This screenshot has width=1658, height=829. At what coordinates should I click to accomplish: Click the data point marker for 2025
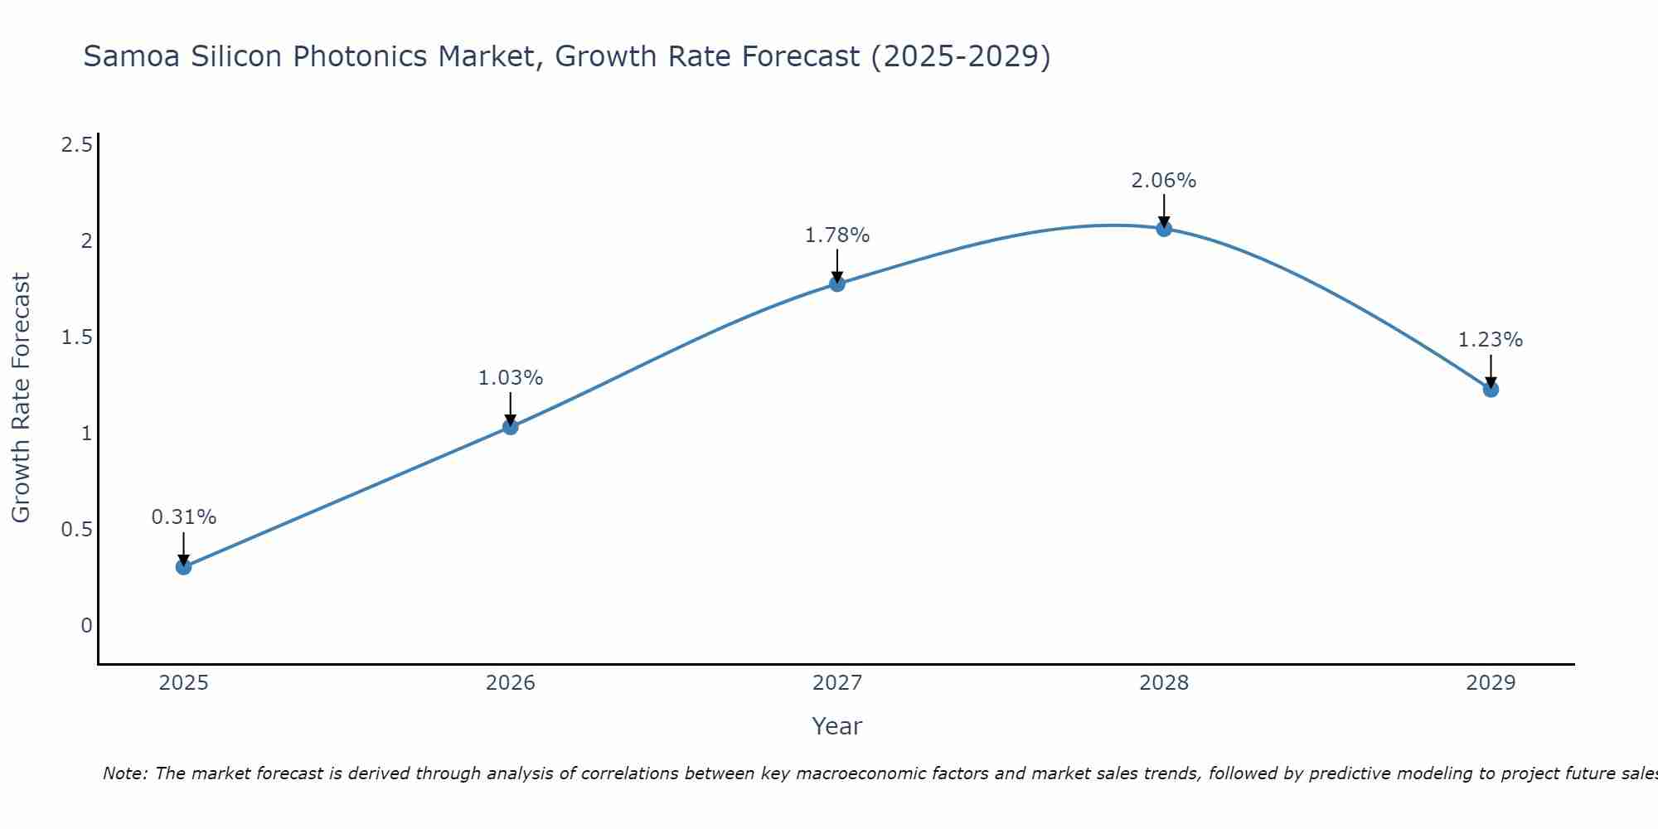click(184, 567)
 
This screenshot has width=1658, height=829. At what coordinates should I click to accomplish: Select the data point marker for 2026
click(511, 427)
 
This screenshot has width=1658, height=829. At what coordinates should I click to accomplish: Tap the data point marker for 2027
click(837, 284)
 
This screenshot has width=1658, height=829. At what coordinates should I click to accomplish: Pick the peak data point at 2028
click(1164, 229)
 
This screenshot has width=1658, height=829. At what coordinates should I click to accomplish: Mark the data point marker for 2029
click(1491, 389)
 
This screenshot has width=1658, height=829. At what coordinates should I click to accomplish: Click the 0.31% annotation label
click(184, 517)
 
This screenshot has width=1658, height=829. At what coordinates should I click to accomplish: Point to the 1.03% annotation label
click(511, 378)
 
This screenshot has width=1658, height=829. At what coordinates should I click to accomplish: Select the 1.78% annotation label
click(837, 235)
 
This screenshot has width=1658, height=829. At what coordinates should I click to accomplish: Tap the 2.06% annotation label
click(1164, 181)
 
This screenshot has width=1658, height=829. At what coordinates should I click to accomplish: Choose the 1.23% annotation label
click(1491, 340)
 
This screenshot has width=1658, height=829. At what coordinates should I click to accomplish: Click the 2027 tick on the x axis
click(837, 683)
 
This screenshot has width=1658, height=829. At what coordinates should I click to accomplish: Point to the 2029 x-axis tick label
click(1491, 683)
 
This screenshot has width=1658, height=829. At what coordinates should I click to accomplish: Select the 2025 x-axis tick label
click(184, 683)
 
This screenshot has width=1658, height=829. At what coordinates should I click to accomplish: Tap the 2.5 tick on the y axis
click(77, 146)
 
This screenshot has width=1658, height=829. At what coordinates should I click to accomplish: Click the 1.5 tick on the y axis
click(77, 337)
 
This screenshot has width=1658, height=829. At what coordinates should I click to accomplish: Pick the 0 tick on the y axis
click(86, 626)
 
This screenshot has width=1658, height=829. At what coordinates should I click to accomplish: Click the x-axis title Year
click(837, 726)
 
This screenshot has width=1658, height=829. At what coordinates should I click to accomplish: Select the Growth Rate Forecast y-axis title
click(22, 398)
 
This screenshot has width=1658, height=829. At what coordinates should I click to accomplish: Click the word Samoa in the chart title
click(132, 56)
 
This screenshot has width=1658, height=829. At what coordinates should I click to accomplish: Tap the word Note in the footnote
click(124, 773)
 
